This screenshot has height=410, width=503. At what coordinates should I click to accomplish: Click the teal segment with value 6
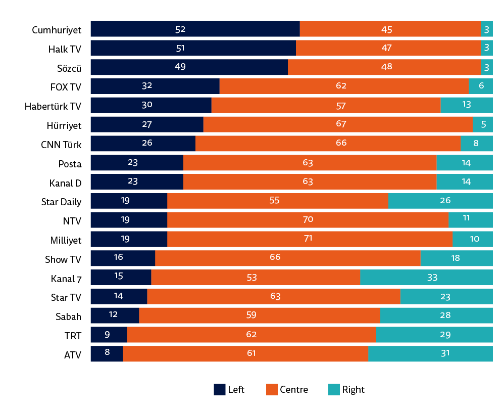[480, 86]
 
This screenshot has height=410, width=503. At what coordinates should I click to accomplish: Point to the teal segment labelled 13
[466, 105]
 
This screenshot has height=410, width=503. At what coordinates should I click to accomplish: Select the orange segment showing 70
[308, 220]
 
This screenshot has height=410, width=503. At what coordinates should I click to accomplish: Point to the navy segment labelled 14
[119, 296]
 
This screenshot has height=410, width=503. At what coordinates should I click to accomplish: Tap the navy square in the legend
[220, 389]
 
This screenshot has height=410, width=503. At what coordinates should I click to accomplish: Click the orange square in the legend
[272, 389]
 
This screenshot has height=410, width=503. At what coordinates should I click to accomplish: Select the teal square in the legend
[334, 389]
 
